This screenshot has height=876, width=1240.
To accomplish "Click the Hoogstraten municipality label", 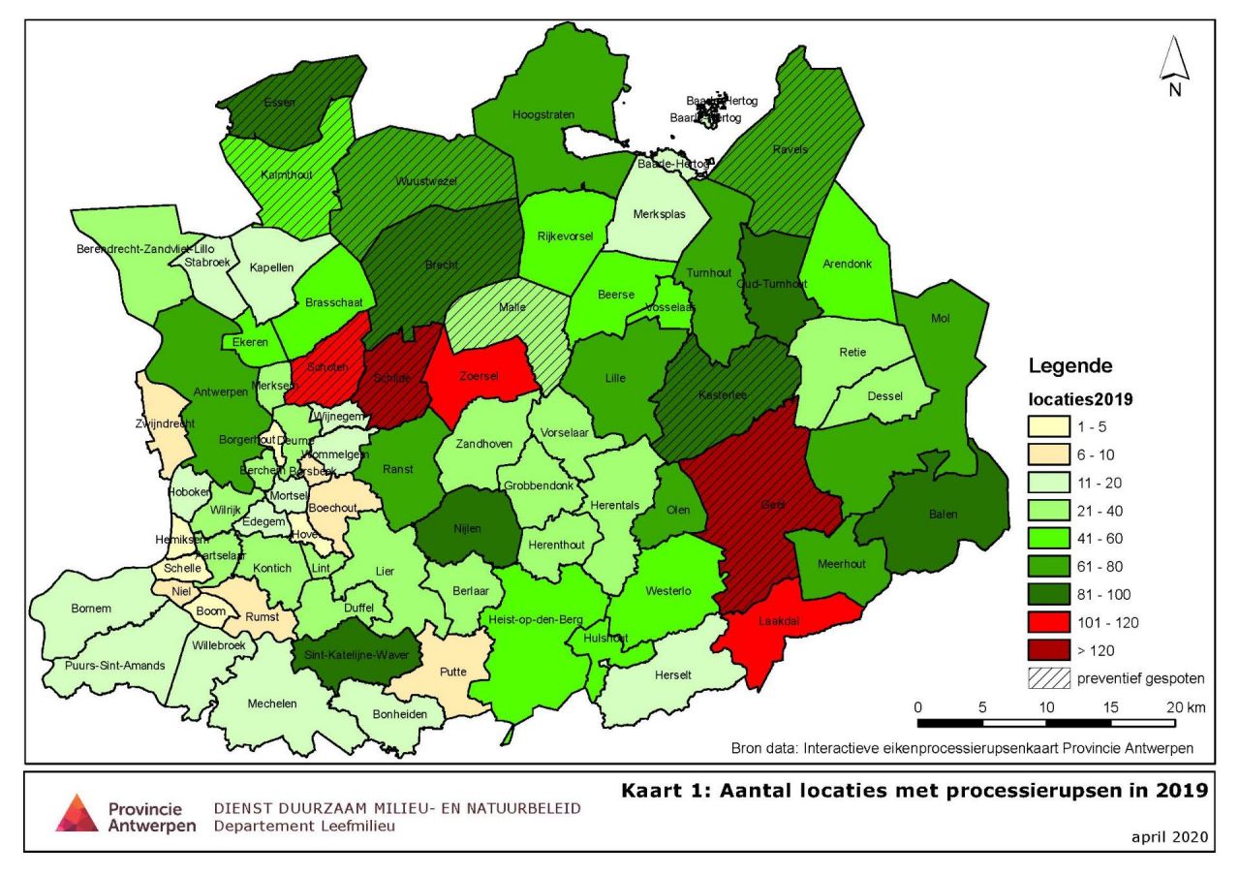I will click(544, 114).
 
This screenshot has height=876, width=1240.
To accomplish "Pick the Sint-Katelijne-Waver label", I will click(357, 655).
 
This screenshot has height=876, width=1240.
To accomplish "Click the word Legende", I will click(1069, 366).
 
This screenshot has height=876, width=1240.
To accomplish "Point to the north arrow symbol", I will click(1174, 63).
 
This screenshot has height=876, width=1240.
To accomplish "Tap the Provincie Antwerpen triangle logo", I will click(77, 812).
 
